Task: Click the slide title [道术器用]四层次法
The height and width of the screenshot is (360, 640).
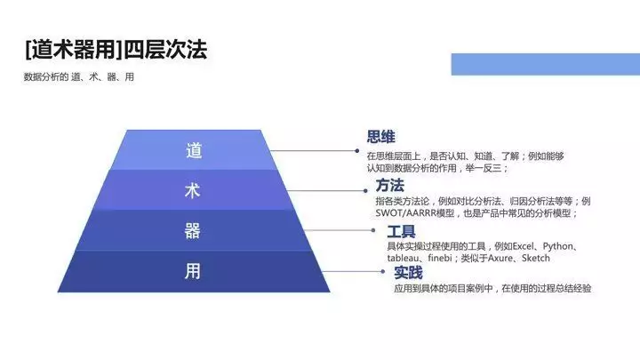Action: (116, 50)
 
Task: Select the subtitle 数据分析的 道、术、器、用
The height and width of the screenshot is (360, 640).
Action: (79, 76)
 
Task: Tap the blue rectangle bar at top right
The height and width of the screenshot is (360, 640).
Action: (545, 64)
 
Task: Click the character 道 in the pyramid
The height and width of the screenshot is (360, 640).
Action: (194, 150)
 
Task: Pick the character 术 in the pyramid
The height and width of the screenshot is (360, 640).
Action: (193, 190)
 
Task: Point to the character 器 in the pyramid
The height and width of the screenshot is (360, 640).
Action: (192, 230)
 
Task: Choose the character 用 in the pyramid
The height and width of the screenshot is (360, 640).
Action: (192, 271)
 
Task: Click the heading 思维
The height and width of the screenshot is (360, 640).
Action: (380, 137)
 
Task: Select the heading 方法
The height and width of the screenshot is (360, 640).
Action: (390, 185)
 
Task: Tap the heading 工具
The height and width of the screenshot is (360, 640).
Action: (401, 231)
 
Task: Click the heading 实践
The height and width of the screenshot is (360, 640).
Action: (408, 272)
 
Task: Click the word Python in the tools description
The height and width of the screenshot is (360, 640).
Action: (557, 246)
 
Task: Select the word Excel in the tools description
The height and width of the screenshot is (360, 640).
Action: (523, 246)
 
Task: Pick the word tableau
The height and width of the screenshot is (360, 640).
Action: (403, 258)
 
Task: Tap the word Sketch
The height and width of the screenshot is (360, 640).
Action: (535, 258)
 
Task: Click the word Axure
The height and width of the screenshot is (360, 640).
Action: (500, 258)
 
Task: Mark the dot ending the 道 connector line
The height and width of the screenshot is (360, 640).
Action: (356, 150)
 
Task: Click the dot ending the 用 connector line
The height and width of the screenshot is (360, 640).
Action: (382, 271)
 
